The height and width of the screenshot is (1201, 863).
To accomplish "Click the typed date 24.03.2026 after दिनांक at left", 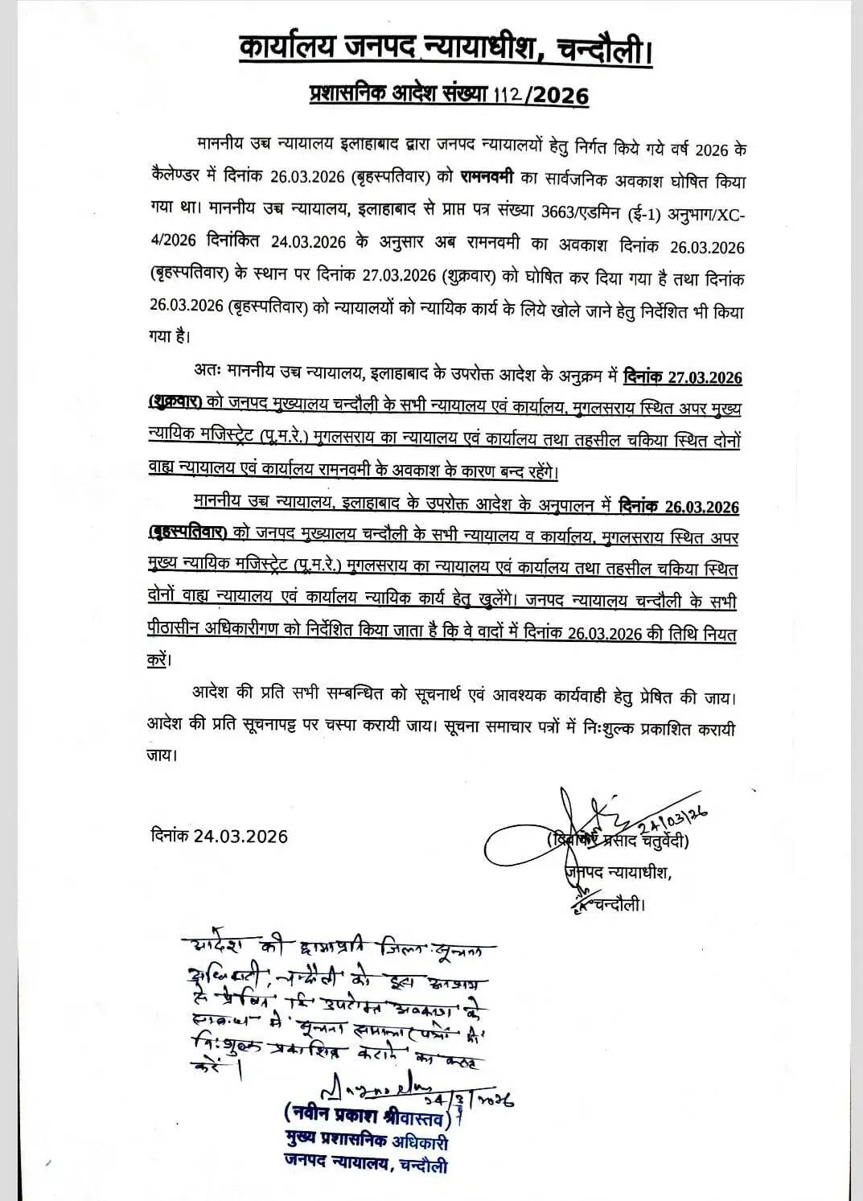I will (240, 836).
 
